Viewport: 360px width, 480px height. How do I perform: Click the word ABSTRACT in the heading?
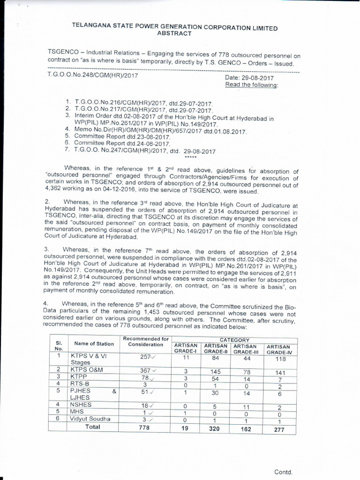click(x=174, y=34)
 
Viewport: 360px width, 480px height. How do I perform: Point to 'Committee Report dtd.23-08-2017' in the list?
click(x=122, y=135)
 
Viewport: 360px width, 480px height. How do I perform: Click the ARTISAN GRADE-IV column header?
click(x=279, y=349)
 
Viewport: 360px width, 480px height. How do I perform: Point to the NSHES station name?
click(x=81, y=405)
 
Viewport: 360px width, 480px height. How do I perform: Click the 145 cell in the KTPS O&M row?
click(x=216, y=372)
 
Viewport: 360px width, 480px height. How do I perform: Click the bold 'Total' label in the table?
click(x=92, y=427)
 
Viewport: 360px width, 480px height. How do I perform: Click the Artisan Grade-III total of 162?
click(x=246, y=429)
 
